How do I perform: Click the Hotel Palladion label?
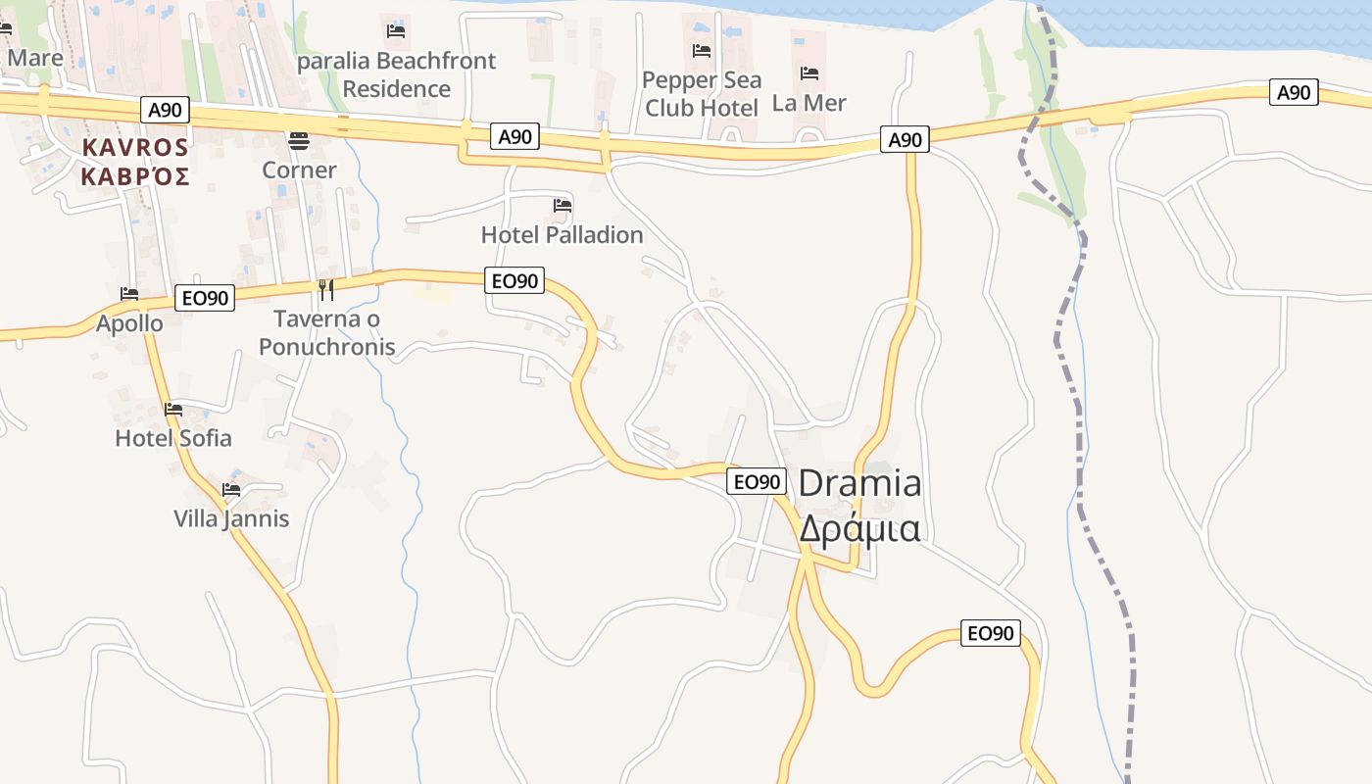pyautogui.click(x=562, y=235)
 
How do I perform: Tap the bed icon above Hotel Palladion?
pyautogui.click(x=563, y=206)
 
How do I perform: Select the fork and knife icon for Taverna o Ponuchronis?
pyautogui.click(x=326, y=289)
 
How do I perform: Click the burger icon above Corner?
pyautogui.click(x=299, y=141)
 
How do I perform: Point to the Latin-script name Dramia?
pyautogui.click(x=859, y=483)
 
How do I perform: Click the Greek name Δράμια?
pyautogui.click(x=859, y=528)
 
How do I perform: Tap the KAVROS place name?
pyautogui.click(x=135, y=147)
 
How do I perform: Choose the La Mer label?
pyautogui.click(x=808, y=103)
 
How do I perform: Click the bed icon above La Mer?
pyautogui.click(x=809, y=73)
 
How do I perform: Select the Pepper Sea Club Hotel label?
pyautogui.click(x=702, y=93)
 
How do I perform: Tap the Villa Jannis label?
pyautogui.click(x=231, y=518)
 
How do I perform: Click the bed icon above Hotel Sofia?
pyautogui.click(x=173, y=409)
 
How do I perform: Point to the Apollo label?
pyautogui.click(x=129, y=323)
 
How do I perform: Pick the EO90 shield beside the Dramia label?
pyautogui.click(x=757, y=481)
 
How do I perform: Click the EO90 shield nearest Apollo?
pyautogui.click(x=205, y=298)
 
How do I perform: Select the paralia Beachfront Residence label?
pyautogui.click(x=396, y=74)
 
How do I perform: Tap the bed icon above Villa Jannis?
pyautogui.click(x=231, y=489)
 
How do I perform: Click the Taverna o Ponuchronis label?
pyautogui.click(x=326, y=332)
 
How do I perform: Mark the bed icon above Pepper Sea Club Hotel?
pyautogui.click(x=702, y=51)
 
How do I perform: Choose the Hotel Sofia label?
pyautogui.click(x=173, y=438)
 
